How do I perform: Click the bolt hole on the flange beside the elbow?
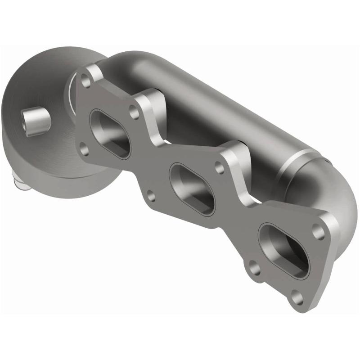319,232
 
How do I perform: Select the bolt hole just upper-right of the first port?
134,112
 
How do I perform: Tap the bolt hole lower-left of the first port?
84,149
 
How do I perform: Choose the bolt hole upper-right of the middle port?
219,168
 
